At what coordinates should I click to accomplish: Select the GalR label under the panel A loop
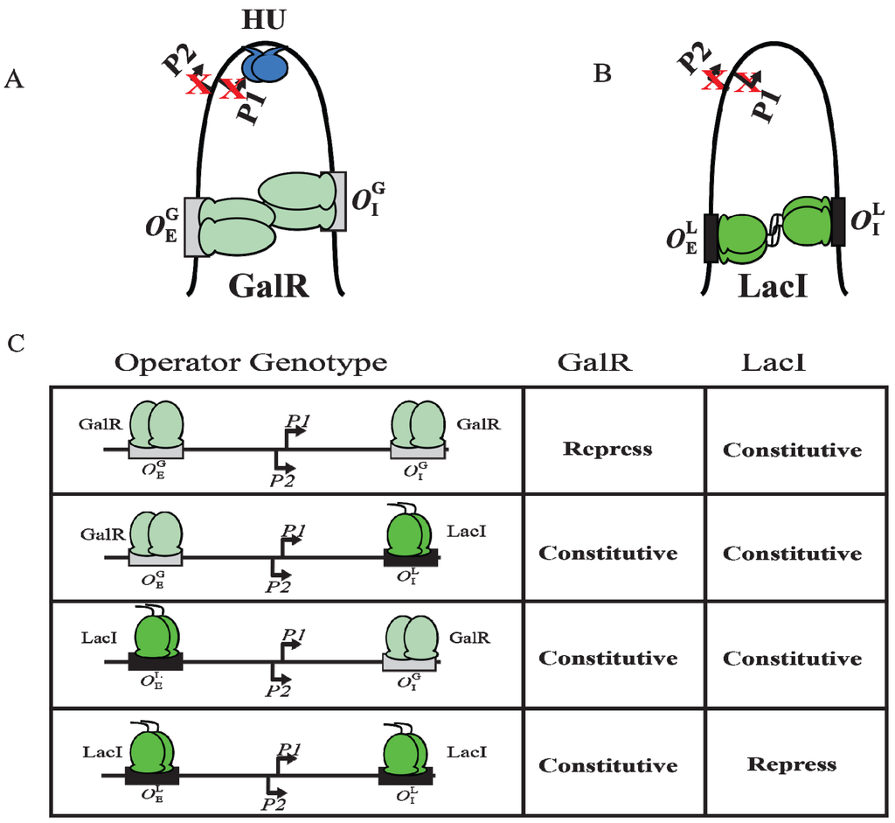point(269,286)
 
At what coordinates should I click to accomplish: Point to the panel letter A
point(13,80)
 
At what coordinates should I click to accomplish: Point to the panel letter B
point(601,74)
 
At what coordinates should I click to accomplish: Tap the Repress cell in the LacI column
point(791,764)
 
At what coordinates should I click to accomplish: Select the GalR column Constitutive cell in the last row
point(607,765)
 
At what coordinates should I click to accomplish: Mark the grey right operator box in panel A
point(334,202)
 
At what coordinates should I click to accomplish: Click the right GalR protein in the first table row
point(415,424)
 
